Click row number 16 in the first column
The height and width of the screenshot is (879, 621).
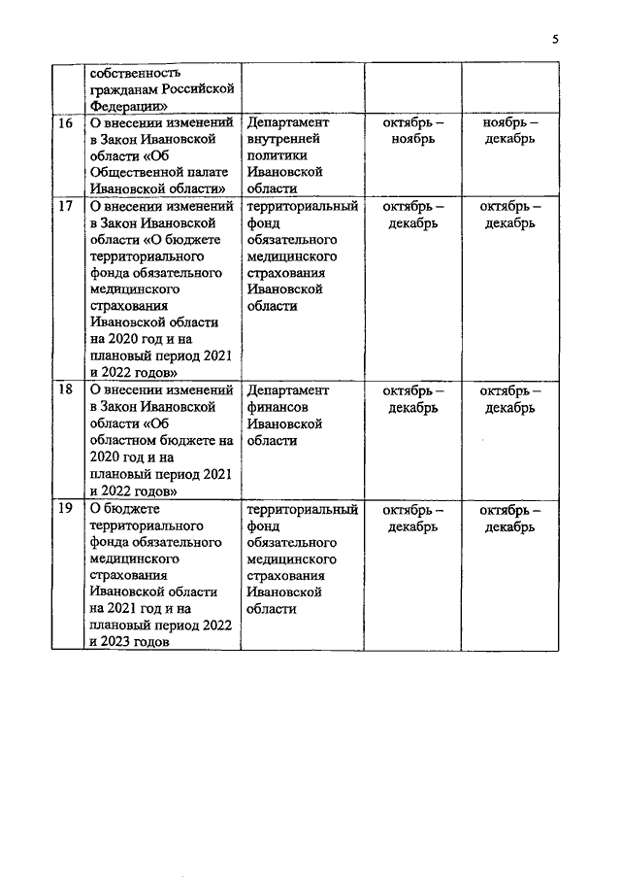pyautogui.click(x=66, y=123)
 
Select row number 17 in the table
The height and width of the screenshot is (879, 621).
pyautogui.click(x=66, y=206)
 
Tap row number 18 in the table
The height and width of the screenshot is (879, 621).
pyautogui.click(x=66, y=390)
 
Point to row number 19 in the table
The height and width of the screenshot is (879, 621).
pyautogui.click(x=66, y=509)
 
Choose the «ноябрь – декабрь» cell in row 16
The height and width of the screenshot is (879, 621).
pyautogui.click(x=510, y=131)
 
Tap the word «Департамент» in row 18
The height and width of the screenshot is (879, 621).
pyautogui.click(x=288, y=390)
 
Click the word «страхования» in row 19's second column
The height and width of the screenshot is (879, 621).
pyautogui.click(x=288, y=576)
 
